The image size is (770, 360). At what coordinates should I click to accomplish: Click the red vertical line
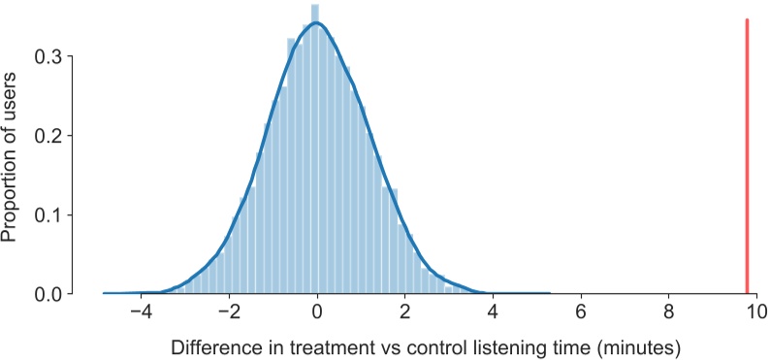(747, 155)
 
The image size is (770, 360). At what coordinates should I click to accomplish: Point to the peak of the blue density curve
(316, 24)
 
